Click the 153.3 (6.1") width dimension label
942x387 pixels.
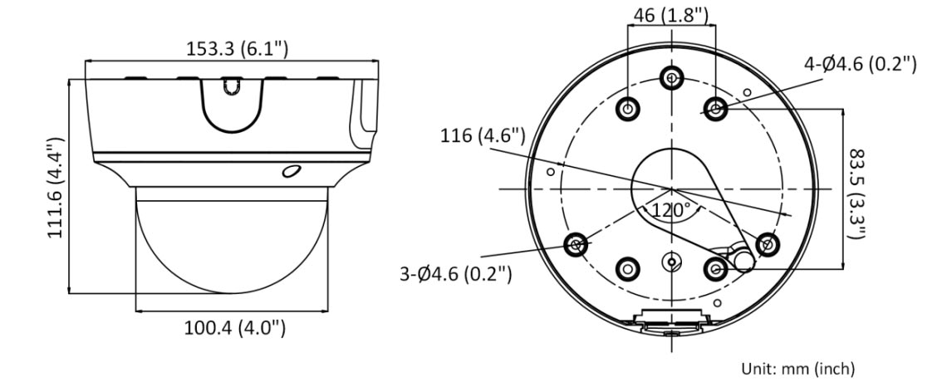[237, 48]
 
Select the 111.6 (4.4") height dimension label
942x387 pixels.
[56, 188]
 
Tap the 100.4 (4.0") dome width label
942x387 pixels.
[234, 328]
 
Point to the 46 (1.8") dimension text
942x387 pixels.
[671, 14]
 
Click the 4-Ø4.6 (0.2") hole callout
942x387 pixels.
[861, 63]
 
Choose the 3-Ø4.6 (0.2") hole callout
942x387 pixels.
[456, 274]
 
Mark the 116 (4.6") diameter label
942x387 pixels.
[483, 136]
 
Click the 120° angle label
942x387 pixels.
[671, 210]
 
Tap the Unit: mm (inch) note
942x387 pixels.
[797, 368]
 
